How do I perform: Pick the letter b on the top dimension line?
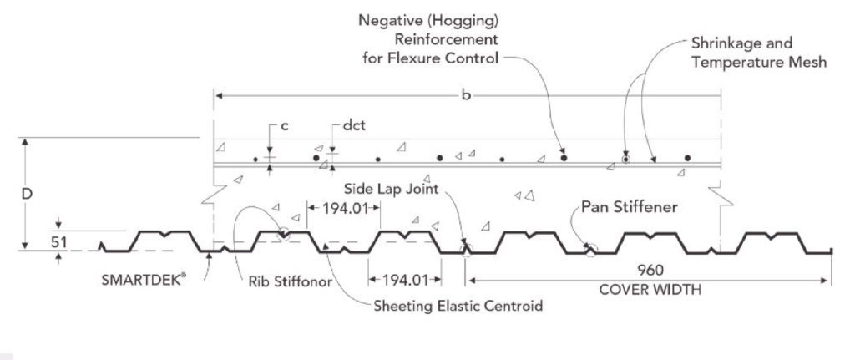coord(465,97)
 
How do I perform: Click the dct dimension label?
coord(354,125)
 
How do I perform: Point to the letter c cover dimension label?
coord(285,125)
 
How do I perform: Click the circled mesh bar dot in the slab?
coord(625,157)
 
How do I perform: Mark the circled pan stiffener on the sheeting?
coord(590,248)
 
